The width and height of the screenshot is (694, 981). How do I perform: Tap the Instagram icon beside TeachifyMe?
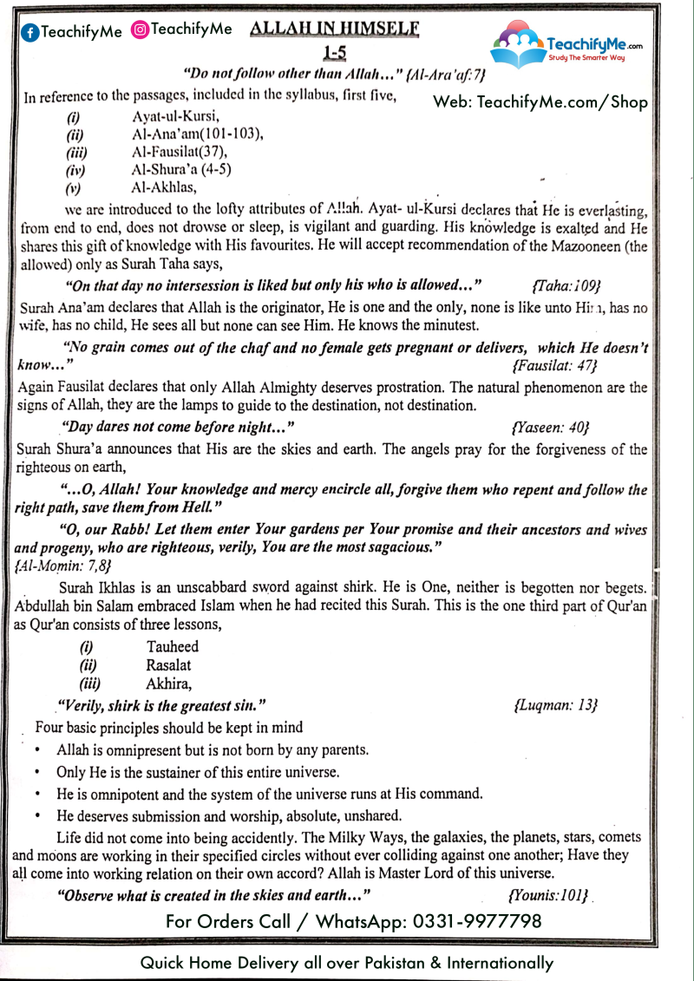click(x=139, y=29)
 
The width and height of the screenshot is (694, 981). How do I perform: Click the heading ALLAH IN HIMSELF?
click(x=334, y=29)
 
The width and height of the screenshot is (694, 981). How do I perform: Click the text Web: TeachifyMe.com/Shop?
click(x=540, y=101)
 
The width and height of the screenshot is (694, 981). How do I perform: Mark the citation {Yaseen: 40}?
click(x=551, y=427)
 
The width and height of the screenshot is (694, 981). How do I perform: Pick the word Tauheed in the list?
click(x=173, y=647)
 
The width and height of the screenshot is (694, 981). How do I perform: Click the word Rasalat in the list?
click(x=169, y=665)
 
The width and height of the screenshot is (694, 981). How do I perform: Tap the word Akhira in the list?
click(x=167, y=683)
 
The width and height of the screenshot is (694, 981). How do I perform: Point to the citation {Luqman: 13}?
click(x=555, y=704)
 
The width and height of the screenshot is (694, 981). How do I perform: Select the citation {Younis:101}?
click(x=548, y=893)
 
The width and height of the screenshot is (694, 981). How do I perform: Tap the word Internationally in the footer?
click(x=496, y=963)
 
